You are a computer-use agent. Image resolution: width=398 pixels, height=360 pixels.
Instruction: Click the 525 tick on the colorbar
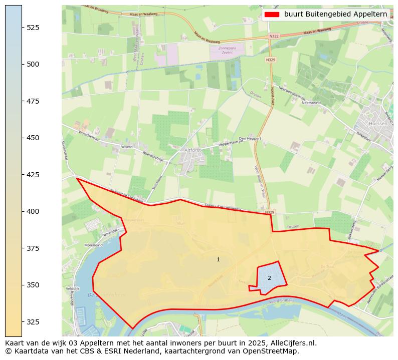pyautogui.click(x=22, y=27)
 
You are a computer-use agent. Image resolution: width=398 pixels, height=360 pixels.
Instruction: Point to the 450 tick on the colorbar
pyautogui.click(x=22, y=138)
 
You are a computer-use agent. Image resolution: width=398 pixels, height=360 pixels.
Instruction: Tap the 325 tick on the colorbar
pyautogui.click(x=22, y=321)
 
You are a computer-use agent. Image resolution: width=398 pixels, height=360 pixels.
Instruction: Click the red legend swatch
pyautogui.click(x=272, y=15)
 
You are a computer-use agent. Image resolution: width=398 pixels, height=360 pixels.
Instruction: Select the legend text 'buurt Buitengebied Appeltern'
pyautogui.click(x=335, y=15)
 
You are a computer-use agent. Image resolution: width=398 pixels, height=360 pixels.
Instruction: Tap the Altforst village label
pyautogui.click(x=193, y=150)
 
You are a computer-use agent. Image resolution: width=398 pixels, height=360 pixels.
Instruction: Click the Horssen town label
pyautogui.click(x=377, y=123)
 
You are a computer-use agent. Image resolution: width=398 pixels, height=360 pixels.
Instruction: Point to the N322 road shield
pyautogui.click(x=274, y=36)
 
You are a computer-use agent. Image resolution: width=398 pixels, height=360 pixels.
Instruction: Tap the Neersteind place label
pyautogui.click(x=311, y=102)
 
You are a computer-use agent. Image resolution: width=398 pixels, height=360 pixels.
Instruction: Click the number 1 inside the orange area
pyautogui.click(x=218, y=259)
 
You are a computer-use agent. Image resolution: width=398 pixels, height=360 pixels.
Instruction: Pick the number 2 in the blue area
pyautogui.click(x=269, y=278)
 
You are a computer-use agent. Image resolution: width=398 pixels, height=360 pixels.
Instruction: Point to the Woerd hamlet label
pyautogui.click(x=127, y=147)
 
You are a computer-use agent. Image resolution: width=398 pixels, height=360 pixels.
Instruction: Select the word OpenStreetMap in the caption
pyautogui.click(x=273, y=351)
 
